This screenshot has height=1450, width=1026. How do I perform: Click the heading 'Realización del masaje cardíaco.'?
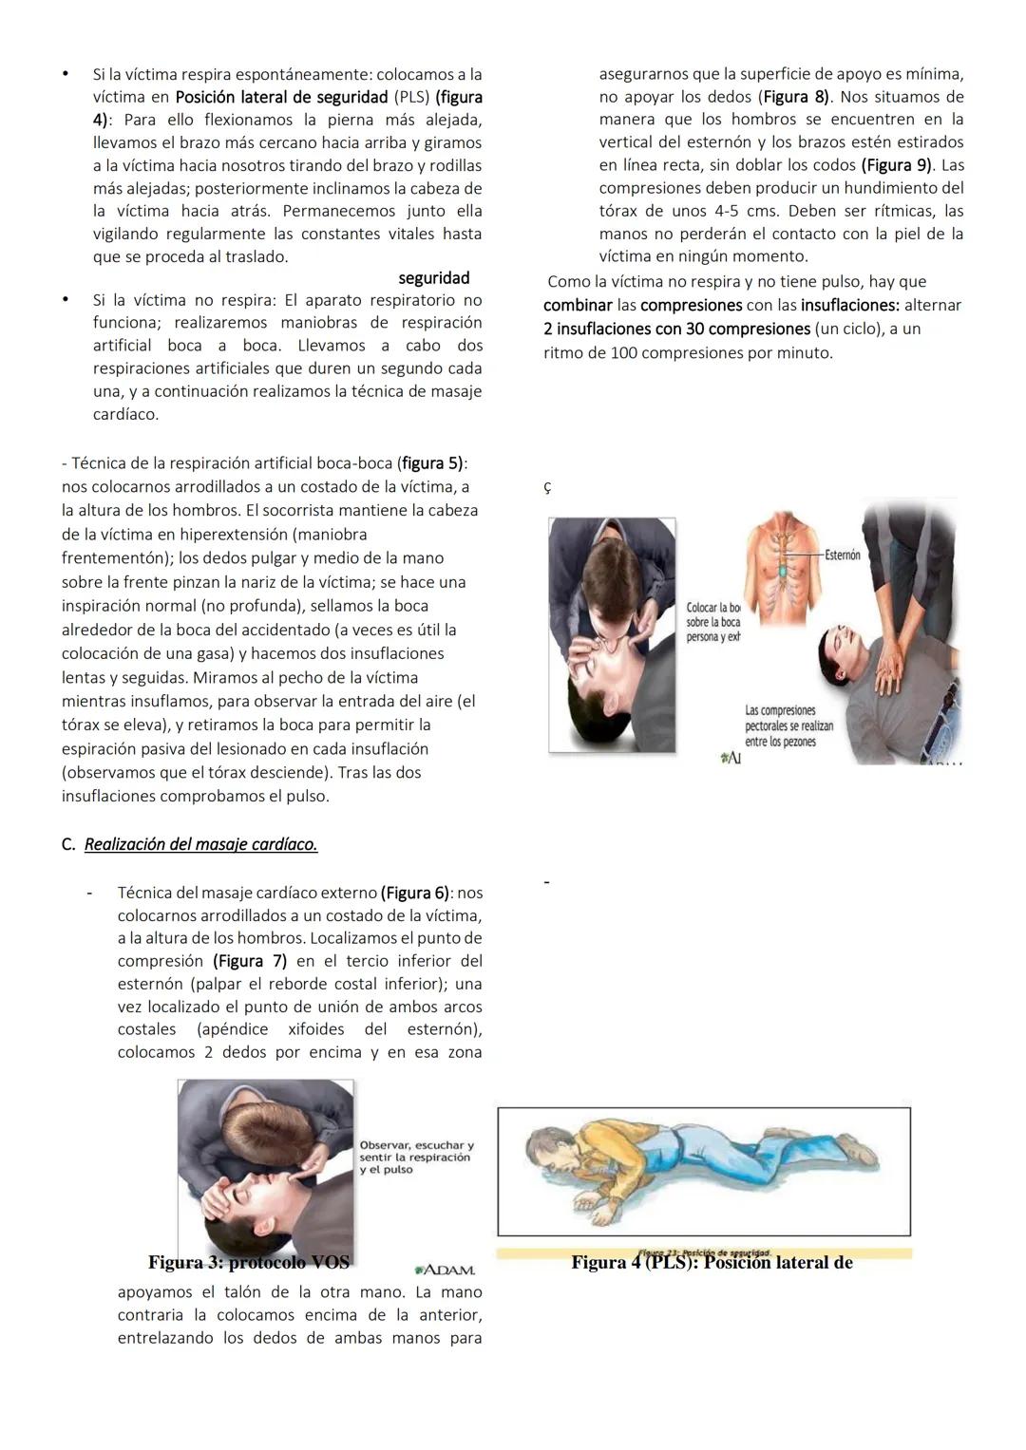click(x=200, y=844)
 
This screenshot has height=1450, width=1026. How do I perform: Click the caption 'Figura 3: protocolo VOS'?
click(x=249, y=1262)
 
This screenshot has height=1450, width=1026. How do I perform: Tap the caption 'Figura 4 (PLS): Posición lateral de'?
click(x=712, y=1263)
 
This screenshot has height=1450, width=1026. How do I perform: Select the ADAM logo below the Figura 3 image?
click(x=446, y=1270)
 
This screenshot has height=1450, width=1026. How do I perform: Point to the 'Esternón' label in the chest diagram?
click(x=843, y=555)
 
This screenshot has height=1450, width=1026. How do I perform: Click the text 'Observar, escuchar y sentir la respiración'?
click(x=416, y=1152)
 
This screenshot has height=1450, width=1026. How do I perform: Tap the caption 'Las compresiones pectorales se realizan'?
click(x=780, y=725)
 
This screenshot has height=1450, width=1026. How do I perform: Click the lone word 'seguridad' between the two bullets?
click(x=433, y=278)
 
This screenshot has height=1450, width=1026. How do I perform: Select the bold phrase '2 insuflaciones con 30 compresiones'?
click(x=677, y=329)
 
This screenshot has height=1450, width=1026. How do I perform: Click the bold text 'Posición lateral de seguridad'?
click(x=281, y=97)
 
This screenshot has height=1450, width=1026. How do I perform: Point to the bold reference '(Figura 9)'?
click(x=897, y=165)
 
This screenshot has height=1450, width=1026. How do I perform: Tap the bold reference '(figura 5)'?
click(x=432, y=463)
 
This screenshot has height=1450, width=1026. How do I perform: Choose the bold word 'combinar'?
click(x=577, y=305)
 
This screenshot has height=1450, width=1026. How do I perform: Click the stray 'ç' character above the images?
click(x=546, y=487)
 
